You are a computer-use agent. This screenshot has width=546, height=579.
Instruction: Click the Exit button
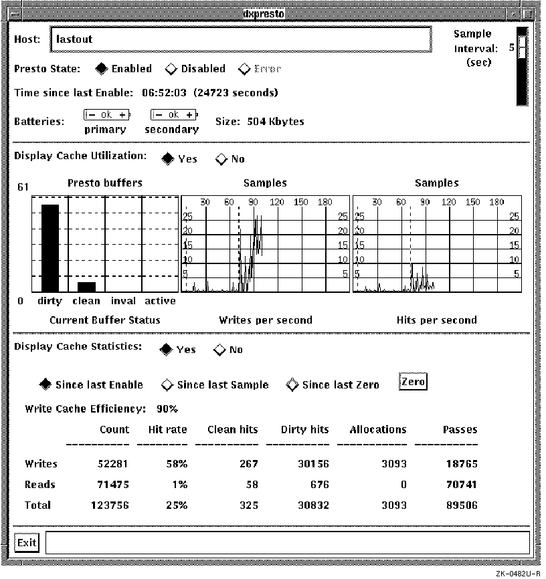point(27,542)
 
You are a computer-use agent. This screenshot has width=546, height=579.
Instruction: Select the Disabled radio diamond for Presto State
point(171,69)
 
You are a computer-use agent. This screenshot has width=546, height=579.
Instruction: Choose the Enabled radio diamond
point(101,69)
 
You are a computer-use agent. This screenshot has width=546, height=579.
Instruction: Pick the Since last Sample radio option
point(168,385)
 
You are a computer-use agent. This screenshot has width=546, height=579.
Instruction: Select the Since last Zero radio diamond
point(292,385)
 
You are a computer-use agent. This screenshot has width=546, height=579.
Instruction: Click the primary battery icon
point(107,115)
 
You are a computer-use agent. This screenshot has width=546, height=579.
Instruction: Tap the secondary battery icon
point(174,115)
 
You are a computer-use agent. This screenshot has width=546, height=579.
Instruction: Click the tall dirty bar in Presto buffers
point(50,247)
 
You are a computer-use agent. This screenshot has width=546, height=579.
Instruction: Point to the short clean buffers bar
point(86,286)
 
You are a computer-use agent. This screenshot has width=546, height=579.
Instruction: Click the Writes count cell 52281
point(113,464)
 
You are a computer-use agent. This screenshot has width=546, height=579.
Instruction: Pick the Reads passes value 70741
point(462,485)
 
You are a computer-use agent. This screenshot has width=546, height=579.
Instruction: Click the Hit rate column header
point(167,430)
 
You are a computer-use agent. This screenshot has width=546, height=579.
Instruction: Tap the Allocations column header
point(377,430)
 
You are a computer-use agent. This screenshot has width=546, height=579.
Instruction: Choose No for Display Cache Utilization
point(221,159)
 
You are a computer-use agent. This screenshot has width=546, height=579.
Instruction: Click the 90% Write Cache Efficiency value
point(167,409)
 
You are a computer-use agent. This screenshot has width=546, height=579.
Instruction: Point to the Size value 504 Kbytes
point(276,122)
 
